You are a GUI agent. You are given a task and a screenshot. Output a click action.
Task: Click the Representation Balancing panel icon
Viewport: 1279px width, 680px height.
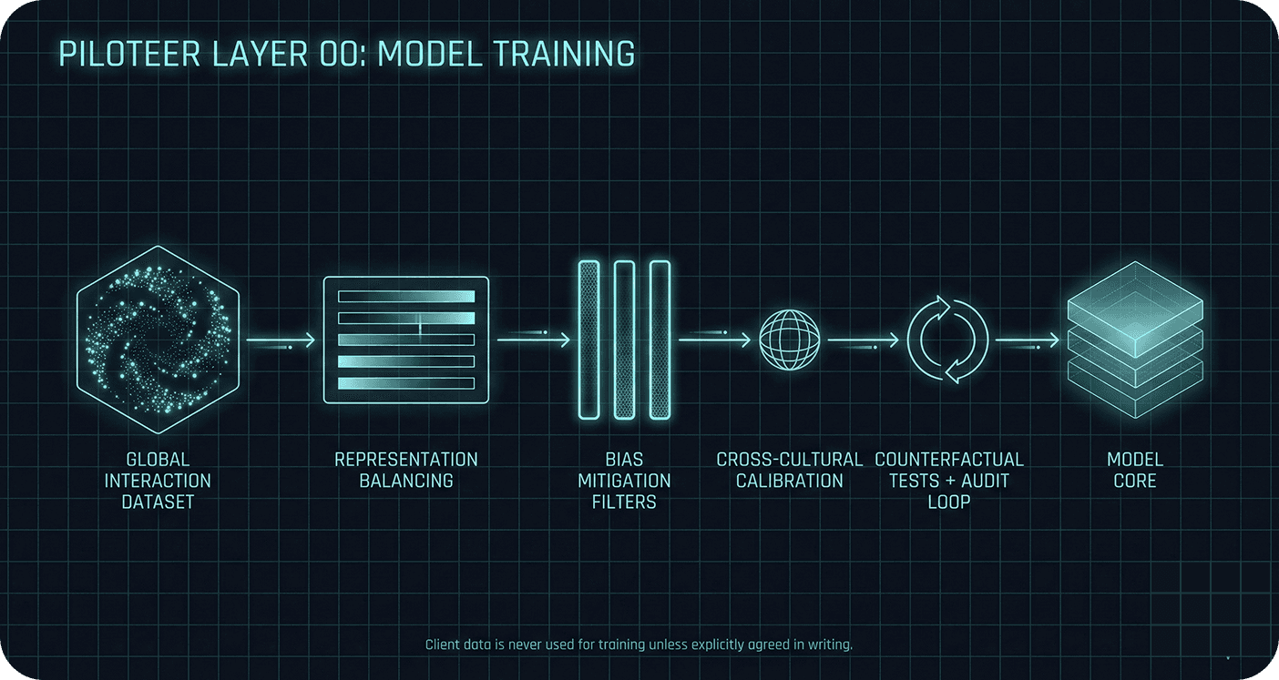click(x=406, y=340)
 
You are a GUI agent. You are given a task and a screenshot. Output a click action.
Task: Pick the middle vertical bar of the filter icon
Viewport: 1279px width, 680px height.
click(x=624, y=340)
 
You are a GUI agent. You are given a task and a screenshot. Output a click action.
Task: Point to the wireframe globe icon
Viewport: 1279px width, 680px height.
click(x=790, y=340)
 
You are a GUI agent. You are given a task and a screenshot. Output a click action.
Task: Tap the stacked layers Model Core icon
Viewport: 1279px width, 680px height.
click(x=1135, y=340)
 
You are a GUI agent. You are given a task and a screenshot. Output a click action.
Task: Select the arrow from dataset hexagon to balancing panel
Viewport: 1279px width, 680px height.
click(x=281, y=340)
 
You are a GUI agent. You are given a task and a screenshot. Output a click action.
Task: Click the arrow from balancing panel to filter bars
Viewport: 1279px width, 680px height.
click(x=534, y=340)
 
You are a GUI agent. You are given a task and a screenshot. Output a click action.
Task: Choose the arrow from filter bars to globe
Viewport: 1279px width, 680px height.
click(x=714, y=340)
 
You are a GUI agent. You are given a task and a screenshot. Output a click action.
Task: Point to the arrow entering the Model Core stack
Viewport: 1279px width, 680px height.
click(x=1027, y=340)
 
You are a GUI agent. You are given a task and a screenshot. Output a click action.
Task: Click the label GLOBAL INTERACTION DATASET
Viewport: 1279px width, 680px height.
click(x=158, y=481)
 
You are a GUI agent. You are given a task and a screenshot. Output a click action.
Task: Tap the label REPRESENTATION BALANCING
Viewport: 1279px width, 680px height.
click(x=406, y=470)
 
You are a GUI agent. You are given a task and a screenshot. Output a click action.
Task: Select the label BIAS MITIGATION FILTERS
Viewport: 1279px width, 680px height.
click(x=624, y=481)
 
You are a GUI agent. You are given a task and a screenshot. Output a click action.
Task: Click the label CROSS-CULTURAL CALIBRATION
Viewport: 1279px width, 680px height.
click(x=790, y=470)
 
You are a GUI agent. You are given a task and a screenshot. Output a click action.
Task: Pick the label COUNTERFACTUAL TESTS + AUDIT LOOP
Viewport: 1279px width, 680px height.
click(x=949, y=481)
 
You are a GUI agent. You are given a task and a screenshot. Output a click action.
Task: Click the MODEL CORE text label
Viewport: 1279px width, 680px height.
click(x=1135, y=470)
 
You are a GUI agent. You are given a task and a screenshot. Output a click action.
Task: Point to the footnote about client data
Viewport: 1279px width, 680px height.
click(x=639, y=644)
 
